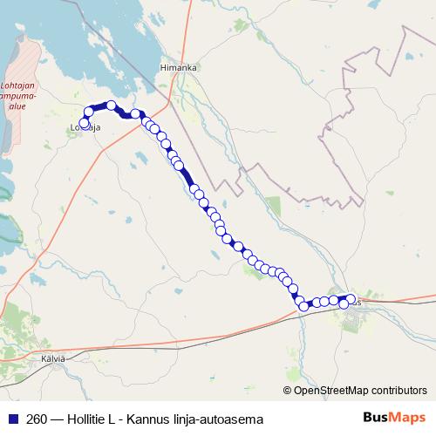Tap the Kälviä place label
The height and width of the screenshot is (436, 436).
(53, 358)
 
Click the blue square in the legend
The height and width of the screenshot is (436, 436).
(13, 419)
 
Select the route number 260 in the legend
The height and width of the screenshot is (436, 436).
(37, 419)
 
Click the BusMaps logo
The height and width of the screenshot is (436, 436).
(394, 419)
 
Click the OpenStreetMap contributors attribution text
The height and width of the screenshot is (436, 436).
(360, 390)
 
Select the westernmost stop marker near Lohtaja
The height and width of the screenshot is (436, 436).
(85, 123)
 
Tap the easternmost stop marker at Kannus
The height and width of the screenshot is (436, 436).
(351, 299)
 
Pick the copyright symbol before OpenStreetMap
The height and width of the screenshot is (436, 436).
(288, 390)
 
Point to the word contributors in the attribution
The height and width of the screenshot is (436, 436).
(397, 390)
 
